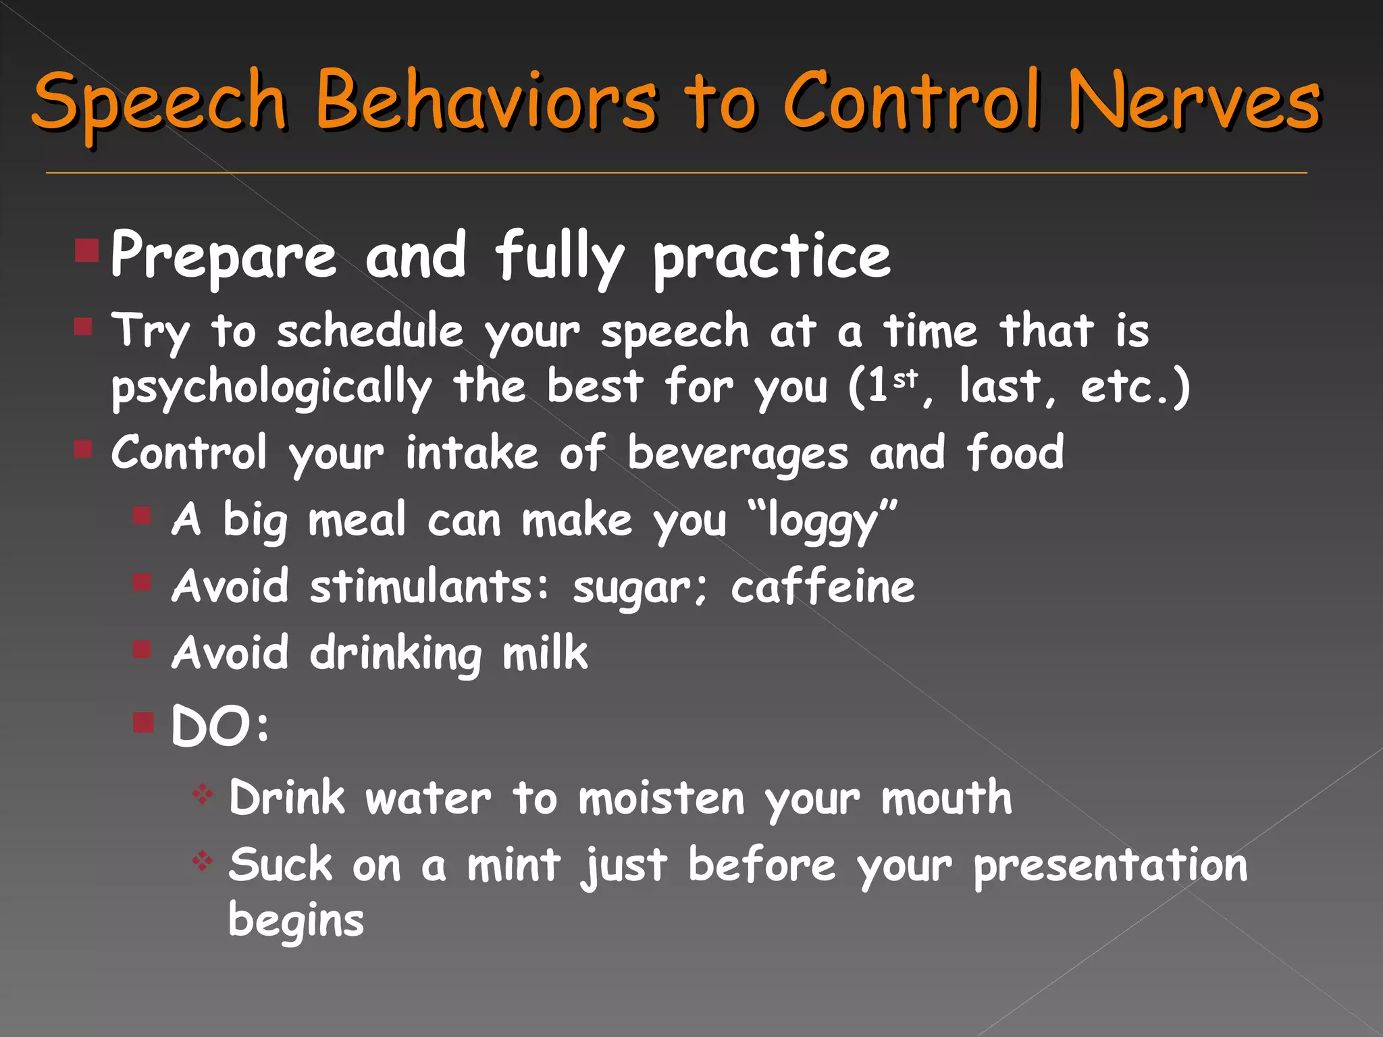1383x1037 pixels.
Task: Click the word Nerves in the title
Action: [1195, 101]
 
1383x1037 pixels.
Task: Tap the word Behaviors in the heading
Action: [486, 101]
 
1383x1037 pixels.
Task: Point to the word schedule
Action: [370, 331]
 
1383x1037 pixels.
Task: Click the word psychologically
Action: [271, 388]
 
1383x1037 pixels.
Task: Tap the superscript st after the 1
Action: [906, 379]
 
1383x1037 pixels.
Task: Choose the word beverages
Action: [737, 454]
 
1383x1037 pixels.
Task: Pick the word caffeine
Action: [823, 586]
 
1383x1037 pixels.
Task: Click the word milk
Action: [545, 653]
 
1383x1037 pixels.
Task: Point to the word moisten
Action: [662, 798]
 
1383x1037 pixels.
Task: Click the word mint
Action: [514, 865]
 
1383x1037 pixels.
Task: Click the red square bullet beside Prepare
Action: [87, 250]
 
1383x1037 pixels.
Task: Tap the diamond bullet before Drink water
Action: [202, 794]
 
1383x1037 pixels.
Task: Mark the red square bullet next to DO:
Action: [143, 722]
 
